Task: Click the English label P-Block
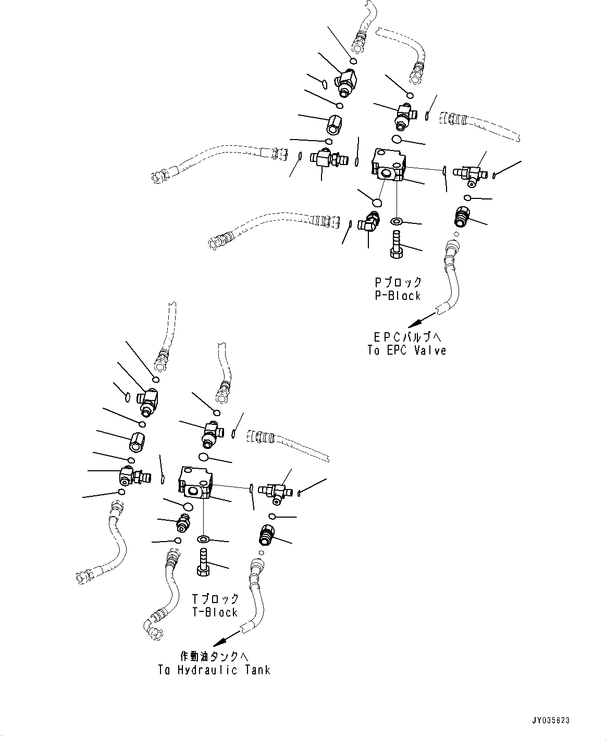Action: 398,296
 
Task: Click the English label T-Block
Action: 215,612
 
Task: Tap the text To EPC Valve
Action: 406,350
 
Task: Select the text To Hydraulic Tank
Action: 214,670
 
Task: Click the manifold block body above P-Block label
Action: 389,165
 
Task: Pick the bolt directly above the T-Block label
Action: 203,562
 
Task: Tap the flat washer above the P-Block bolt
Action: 397,222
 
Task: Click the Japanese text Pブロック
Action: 398,282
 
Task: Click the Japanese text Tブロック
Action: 215,599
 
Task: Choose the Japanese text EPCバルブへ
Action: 406,337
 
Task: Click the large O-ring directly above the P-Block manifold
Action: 397,140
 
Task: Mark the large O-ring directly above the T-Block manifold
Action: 203,457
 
